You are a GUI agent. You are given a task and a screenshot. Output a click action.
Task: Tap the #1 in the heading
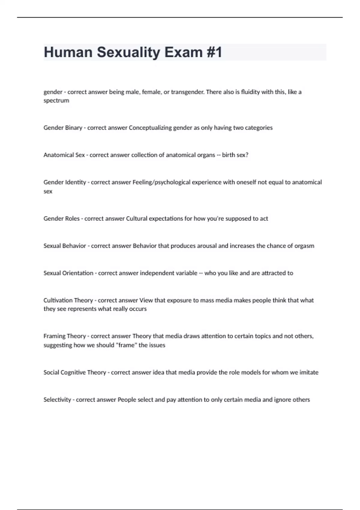tap(214, 52)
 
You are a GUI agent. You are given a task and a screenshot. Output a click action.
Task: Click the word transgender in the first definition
tap(187, 92)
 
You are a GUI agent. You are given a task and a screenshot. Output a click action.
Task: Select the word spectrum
tap(56, 101)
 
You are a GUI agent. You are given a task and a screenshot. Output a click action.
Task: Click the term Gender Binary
tap(63, 128)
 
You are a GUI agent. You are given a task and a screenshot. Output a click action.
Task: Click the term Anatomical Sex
tap(64, 155)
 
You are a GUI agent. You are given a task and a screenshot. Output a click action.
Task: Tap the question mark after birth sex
tap(247, 155)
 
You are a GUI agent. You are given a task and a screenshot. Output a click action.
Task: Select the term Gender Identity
tap(64, 182)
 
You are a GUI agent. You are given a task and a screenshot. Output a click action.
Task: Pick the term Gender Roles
tap(61, 219)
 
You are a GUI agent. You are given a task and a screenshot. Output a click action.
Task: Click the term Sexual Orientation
tap(68, 273)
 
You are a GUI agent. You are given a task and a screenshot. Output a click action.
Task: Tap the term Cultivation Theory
tap(68, 301)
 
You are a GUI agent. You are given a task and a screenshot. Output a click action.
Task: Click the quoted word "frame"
tap(126, 345)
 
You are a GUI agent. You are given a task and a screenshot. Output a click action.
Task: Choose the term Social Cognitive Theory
tap(75, 373)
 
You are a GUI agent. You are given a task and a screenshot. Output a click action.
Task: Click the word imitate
tap(309, 373)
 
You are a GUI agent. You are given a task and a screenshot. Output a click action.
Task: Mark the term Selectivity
tap(57, 400)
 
